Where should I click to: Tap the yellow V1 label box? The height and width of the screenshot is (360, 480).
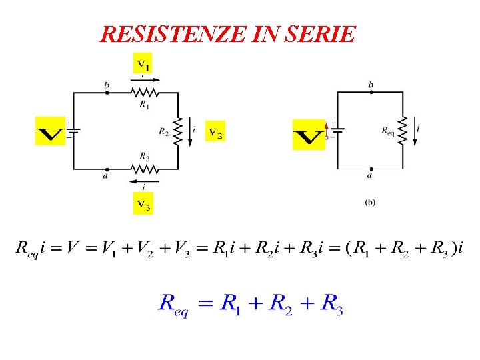(x=143, y=65)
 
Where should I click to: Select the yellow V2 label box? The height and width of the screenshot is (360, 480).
(x=215, y=133)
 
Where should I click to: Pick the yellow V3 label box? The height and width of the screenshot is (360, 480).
(x=143, y=203)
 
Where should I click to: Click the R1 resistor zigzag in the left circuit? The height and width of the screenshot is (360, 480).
(x=144, y=93)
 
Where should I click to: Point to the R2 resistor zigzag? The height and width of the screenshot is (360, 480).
(x=178, y=131)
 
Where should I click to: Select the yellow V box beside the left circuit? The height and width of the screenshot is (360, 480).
(x=50, y=131)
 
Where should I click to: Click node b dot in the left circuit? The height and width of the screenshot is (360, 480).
(x=107, y=93)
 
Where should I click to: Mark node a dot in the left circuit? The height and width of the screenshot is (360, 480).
(x=107, y=169)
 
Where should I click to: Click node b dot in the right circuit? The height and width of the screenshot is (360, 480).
(x=371, y=93)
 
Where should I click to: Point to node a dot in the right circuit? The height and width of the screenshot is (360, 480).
(x=370, y=169)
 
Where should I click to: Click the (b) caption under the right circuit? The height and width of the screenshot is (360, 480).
(x=370, y=202)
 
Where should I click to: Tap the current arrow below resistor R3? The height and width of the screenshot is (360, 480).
(x=144, y=181)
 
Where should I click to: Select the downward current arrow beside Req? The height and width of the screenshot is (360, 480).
(x=417, y=133)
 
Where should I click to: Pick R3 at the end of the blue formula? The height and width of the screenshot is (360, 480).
(x=332, y=305)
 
